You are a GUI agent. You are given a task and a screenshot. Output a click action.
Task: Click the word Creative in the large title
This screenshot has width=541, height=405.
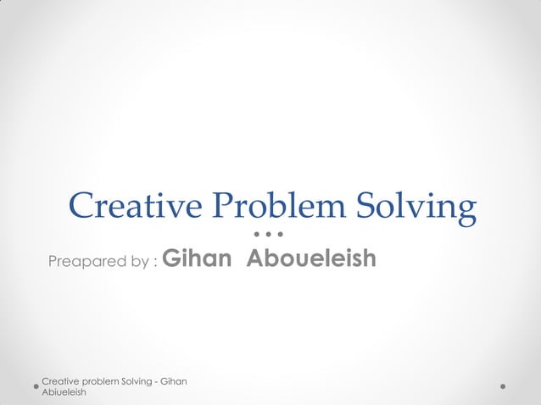[x=136, y=206]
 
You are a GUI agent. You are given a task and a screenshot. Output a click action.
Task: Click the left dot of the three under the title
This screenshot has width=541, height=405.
[x=257, y=232]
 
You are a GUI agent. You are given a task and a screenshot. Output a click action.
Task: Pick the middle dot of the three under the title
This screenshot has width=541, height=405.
[x=268, y=232]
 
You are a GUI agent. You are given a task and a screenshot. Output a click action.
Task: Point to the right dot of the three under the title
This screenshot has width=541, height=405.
[x=279, y=232]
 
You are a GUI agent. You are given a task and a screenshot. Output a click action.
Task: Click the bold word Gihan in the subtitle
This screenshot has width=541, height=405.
[x=195, y=258]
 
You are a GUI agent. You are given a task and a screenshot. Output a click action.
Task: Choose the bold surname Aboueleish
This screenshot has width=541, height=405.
[x=311, y=258]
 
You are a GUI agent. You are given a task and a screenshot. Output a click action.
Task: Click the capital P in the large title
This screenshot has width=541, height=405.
[x=223, y=206]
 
